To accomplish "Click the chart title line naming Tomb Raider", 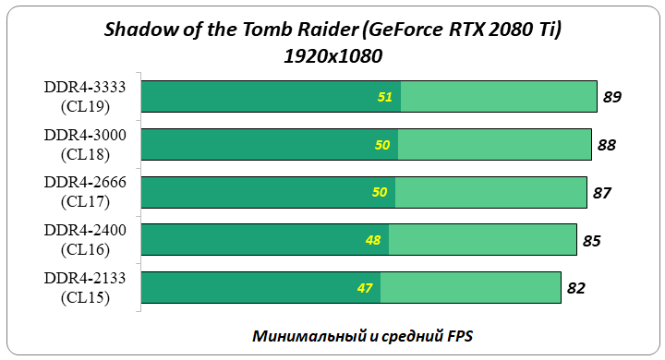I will [x=332, y=30].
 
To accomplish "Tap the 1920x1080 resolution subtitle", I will [x=332, y=55].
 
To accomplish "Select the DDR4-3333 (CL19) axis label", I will [x=85, y=96].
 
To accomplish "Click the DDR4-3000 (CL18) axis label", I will [x=85, y=144].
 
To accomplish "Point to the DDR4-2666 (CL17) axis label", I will [x=85, y=192].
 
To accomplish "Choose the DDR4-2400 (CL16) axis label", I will [x=85, y=240].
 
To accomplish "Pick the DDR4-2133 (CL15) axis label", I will [x=85, y=288].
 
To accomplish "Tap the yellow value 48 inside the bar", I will [x=373, y=240].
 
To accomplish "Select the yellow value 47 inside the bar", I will [x=365, y=288].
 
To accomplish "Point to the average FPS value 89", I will [x=612, y=96].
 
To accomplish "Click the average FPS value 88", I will [x=607, y=144].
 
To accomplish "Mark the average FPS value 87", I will [x=602, y=192].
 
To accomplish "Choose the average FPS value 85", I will [x=592, y=240].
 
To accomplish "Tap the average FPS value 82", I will [x=576, y=288].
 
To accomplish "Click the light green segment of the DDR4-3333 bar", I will [x=499, y=96].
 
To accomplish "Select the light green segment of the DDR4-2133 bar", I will [x=471, y=288].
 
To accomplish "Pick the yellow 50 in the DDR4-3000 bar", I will [x=382, y=144].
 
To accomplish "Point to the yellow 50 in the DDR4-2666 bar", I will [x=380, y=192].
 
